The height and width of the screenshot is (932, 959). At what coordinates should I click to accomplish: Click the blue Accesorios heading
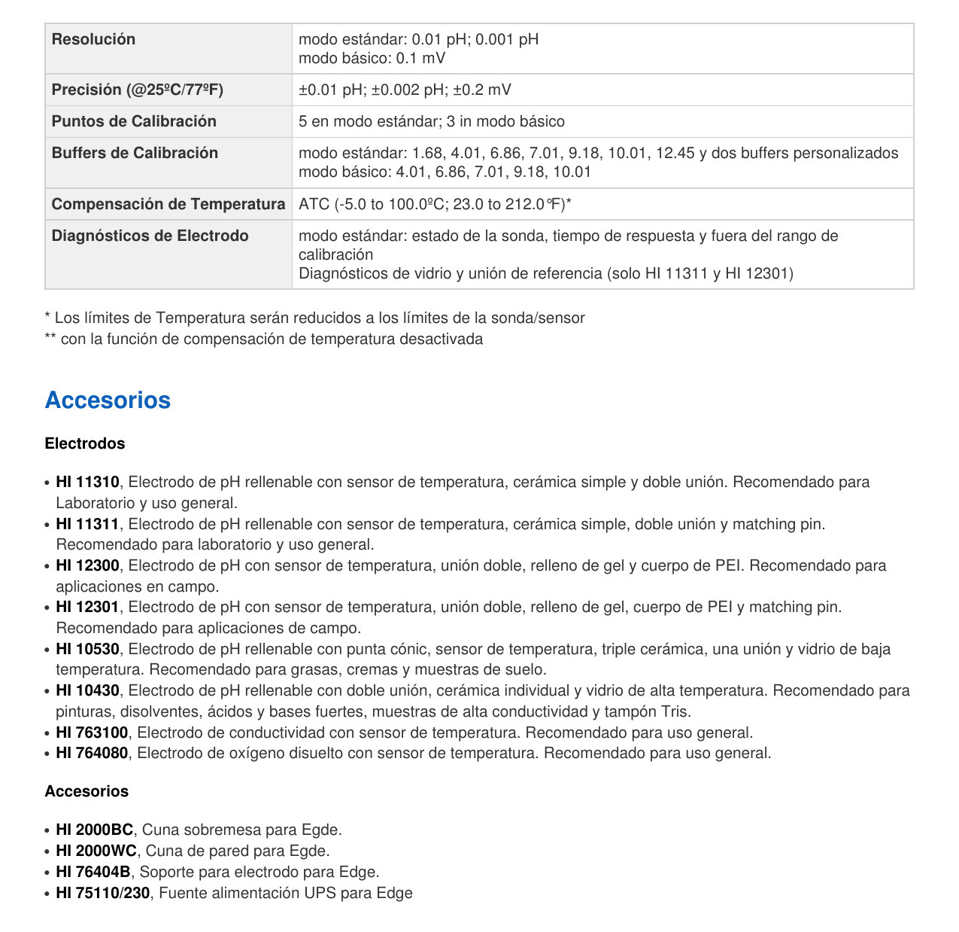(x=108, y=400)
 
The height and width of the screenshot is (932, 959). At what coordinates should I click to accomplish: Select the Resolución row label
(x=93, y=39)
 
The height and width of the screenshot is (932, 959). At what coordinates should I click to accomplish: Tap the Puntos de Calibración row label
(x=134, y=121)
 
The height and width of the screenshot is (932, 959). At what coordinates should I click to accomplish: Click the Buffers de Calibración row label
(x=135, y=153)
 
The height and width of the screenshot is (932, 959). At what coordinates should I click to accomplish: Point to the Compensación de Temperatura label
(x=168, y=204)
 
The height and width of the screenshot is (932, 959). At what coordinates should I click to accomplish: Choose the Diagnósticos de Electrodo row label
(x=150, y=236)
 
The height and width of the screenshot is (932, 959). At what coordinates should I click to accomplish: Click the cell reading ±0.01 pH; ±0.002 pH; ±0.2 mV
(x=405, y=90)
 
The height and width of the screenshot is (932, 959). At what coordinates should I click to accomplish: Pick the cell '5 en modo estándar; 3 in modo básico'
(x=431, y=121)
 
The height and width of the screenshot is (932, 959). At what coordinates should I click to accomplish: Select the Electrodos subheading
(x=85, y=443)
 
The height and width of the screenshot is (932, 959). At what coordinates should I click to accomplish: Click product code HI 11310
(x=87, y=482)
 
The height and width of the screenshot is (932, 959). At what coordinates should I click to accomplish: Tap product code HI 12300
(x=87, y=565)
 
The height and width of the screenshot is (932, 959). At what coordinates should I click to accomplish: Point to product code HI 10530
(x=87, y=649)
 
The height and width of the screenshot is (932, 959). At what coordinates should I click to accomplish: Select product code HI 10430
(x=87, y=690)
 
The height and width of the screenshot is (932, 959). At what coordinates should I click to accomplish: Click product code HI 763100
(x=92, y=733)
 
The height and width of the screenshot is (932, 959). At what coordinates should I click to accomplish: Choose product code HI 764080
(x=92, y=753)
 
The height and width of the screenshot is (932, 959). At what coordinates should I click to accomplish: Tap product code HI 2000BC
(x=94, y=830)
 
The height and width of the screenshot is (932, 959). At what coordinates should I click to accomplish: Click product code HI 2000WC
(x=96, y=851)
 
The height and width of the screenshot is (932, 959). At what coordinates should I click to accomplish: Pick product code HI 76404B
(x=93, y=872)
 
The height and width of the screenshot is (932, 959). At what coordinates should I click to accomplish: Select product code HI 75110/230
(x=102, y=893)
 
